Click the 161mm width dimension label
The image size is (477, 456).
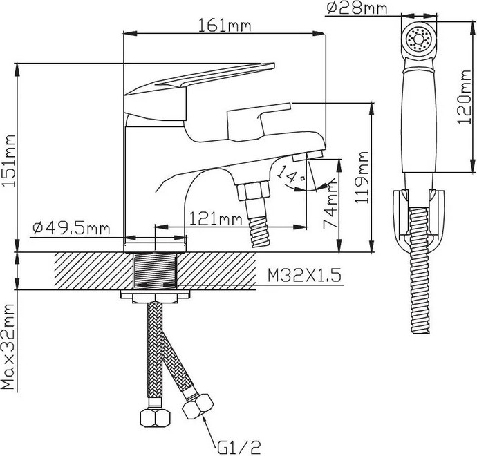[225, 25]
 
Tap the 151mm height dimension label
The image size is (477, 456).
[8, 161]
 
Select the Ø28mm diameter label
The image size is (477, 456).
[357, 8]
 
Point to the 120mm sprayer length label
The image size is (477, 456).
[465, 97]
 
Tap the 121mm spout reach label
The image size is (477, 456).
[216, 218]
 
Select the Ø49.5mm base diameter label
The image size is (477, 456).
[71, 228]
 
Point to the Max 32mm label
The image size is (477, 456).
[8, 347]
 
